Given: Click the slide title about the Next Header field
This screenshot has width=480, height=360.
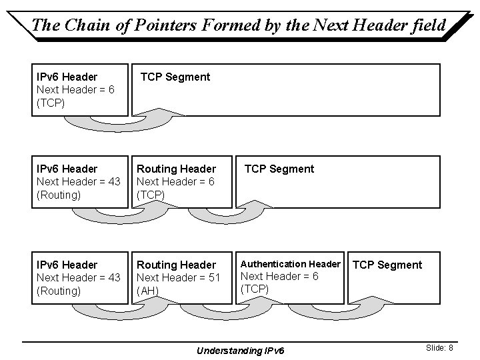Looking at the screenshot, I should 239,25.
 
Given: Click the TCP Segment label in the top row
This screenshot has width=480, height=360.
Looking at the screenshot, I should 175,77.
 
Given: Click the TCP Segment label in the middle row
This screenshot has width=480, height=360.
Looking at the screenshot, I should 279,169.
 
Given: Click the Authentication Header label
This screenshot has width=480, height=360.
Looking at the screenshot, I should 290,264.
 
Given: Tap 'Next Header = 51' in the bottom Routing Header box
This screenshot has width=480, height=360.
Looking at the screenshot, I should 178,277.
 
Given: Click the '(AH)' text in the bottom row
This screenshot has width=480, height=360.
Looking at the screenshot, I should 147,291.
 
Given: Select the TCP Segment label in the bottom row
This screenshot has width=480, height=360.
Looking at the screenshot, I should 387,265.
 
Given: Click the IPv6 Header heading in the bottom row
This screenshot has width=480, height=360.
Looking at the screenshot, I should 67,265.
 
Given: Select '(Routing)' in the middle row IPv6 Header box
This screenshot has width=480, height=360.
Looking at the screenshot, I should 59,195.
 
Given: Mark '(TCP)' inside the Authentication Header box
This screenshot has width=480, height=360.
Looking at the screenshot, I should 254,289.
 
